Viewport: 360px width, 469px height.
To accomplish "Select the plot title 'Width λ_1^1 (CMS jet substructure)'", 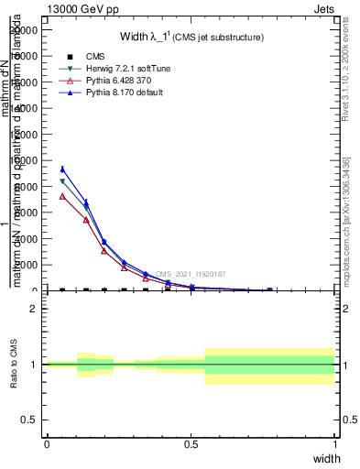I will (x=191, y=38).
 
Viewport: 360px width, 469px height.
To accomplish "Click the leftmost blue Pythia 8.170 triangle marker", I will (x=62, y=169).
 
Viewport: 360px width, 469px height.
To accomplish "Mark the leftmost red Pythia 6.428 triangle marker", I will (x=62, y=196).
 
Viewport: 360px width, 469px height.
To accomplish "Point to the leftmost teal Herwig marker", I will (x=62, y=181).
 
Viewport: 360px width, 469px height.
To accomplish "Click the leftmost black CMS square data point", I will (x=62, y=290).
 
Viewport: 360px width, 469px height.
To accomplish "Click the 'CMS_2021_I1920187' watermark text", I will (x=190, y=274).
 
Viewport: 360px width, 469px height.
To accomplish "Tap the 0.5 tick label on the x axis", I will (x=191, y=444).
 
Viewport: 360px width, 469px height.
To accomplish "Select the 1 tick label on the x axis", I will (x=335, y=444).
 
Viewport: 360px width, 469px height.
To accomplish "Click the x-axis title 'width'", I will (x=326, y=458).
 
